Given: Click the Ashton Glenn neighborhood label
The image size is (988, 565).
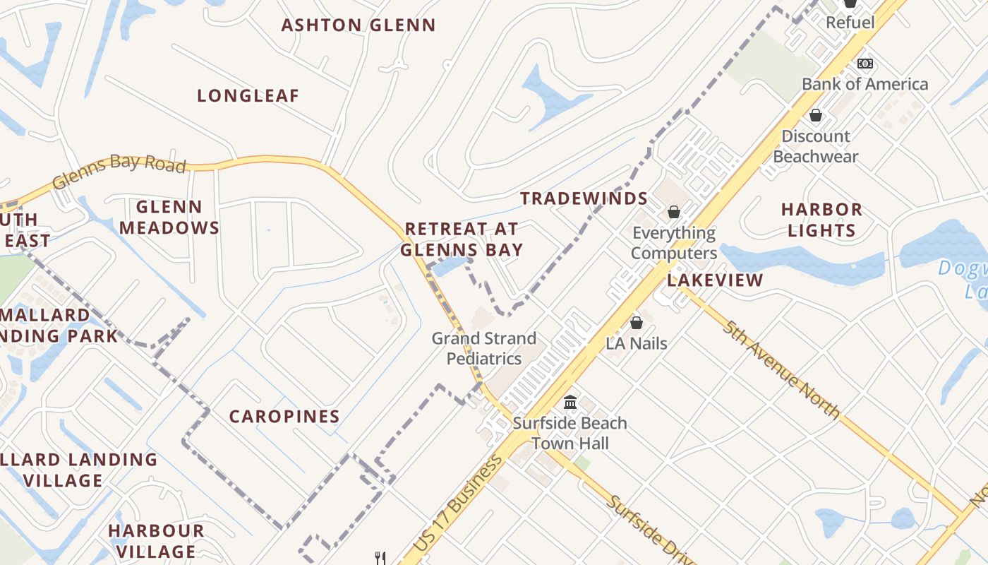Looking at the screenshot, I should pyautogui.click(x=359, y=25).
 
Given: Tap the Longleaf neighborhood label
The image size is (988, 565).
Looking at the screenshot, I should pyautogui.click(x=248, y=96).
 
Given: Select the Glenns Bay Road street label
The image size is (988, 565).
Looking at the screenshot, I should pyautogui.click(x=119, y=171).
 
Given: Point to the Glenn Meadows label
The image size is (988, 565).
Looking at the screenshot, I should pyautogui.click(x=169, y=218).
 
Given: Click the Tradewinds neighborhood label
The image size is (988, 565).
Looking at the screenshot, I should pyautogui.click(x=584, y=198).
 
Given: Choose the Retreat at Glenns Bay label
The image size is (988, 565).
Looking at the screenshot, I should pyautogui.click(x=462, y=239).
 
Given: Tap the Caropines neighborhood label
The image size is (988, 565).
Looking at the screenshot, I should pyautogui.click(x=284, y=417).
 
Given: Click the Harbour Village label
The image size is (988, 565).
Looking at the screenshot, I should pyautogui.click(x=156, y=540).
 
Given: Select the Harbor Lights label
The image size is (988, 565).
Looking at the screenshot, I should pyautogui.click(x=821, y=220).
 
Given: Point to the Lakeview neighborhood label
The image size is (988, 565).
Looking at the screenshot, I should pyautogui.click(x=716, y=280).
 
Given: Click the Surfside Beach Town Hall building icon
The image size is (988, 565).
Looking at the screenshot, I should pyautogui.click(x=570, y=403).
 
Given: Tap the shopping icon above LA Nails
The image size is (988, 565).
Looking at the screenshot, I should pyautogui.click(x=637, y=323).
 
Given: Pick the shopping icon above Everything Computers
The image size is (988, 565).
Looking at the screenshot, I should pyautogui.click(x=674, y=212).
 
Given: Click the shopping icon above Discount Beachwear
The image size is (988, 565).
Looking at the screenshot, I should pyautogui.click(x=816, y=115).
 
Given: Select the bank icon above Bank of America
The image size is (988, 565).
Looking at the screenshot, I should pyautogui.click(x=865, y=64).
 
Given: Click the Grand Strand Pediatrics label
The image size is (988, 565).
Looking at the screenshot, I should pyautogui.click(x=484, y=348).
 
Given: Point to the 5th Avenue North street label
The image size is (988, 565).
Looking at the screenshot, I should pyautogui.click(x=782, y=369).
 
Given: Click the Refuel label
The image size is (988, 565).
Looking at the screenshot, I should pyautogui.click(x=850, y=23).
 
